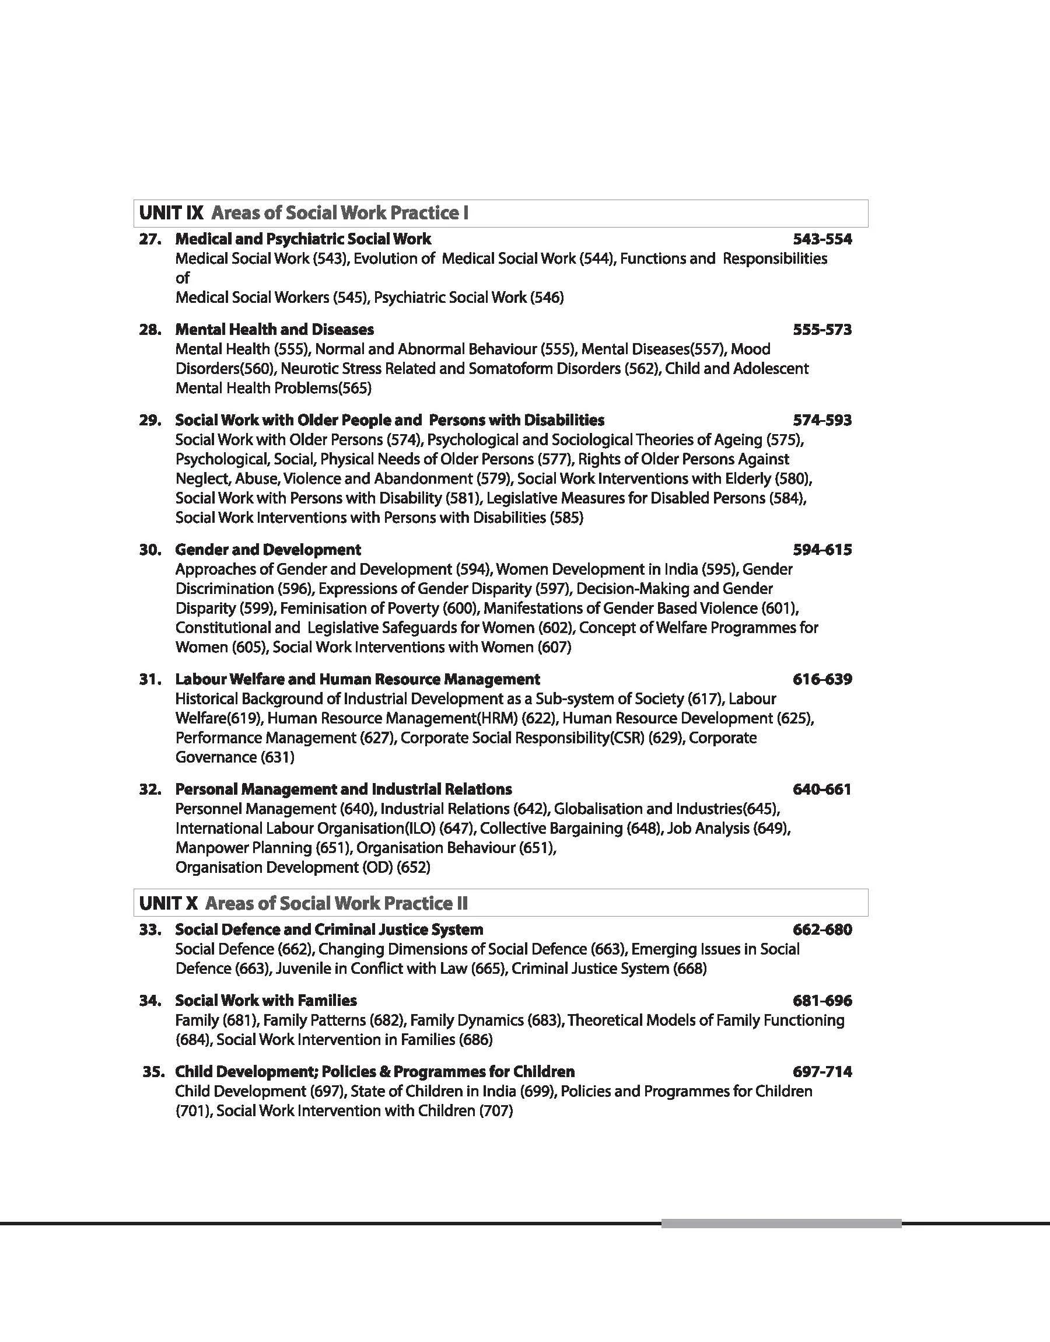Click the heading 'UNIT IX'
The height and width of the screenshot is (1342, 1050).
[171, 214]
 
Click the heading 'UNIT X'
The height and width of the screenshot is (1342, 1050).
[169, 903]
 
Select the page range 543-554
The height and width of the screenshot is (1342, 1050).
[822, 239]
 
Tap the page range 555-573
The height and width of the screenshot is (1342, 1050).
[822, 330]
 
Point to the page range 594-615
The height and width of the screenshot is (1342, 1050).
[822, 550]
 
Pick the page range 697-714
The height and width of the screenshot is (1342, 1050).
[822, 1071]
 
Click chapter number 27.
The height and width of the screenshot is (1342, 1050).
[150, 239]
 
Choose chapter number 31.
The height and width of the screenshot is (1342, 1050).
[150, 679]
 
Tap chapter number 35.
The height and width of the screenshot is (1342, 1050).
[153, 1071]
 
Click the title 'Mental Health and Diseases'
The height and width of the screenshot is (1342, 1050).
[274, 330]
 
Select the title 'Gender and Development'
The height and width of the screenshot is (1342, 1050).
[268, 550]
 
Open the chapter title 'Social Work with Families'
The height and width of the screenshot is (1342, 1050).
[265, 1000]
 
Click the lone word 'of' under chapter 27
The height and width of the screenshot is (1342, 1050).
[183, 278]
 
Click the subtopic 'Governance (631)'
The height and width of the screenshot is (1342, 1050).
[235, 757]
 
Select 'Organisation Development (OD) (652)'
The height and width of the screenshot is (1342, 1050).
[303, 868]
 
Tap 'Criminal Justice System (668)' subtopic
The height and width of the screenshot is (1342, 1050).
[608, 968]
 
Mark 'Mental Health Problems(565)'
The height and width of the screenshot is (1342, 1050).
[274, 388]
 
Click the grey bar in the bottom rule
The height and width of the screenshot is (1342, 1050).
[780, 1224]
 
